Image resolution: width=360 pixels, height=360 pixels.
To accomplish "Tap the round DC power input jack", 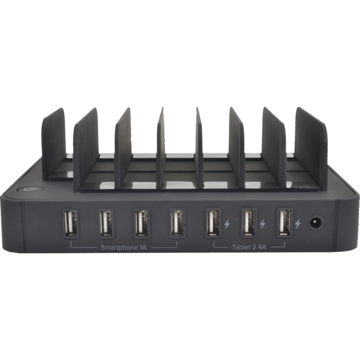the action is point(316,223).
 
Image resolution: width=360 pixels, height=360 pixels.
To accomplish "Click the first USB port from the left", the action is point(71,223).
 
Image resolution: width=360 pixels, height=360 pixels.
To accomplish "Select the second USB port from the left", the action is point(106,223).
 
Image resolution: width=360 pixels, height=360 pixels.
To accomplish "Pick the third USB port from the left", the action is point(141,223).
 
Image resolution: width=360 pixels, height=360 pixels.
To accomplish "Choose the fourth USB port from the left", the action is point(177,223).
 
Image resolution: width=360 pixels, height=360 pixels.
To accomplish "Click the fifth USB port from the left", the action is point(213,223).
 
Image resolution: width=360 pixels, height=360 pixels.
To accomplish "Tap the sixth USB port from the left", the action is point(249,223).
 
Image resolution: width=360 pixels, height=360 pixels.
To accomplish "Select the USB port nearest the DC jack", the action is point(284,223).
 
